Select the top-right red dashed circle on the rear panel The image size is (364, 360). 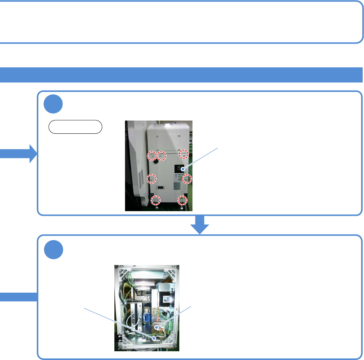pyautogui.click(x=184, y=154)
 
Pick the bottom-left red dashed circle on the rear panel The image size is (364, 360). pyautogui.click(x=155, y=201)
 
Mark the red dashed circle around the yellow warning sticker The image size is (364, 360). pyautogui.click(x=182, y=200)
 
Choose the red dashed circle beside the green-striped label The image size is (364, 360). pyautogui.click(x=187, y=179)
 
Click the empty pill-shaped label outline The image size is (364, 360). pyautogui.click(x=75, y=127)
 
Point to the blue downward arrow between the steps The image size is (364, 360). pyautogui.click(x=200, y=225)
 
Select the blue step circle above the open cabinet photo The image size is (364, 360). pyautogui.click(x=53, y=250)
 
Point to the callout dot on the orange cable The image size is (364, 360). pyautogui.click(x=157, y=327)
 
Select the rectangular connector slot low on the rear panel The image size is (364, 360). pyautogui.click(x=161, y=187)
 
